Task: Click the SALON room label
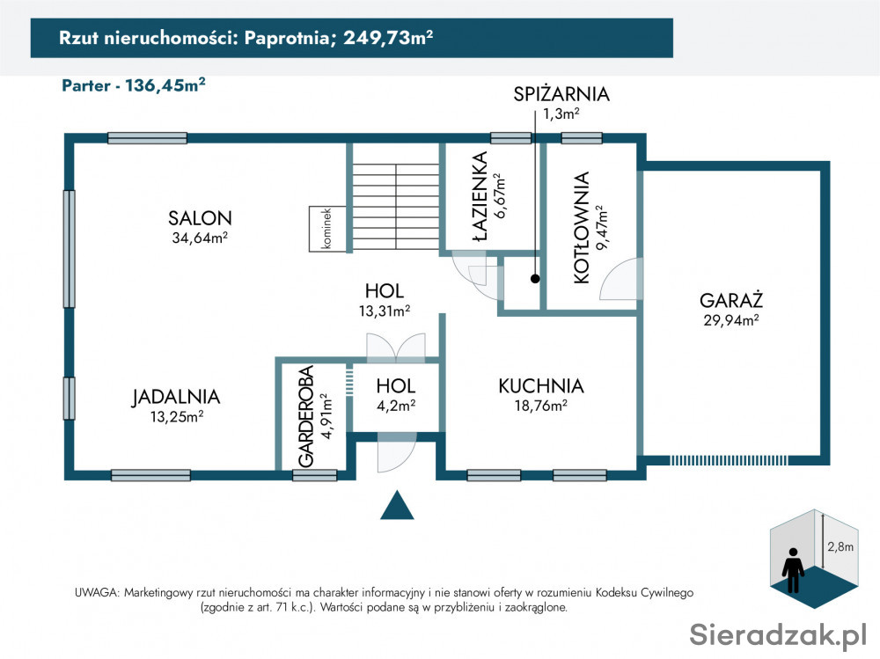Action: (200, 218)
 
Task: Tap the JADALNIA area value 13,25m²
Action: (177, 416)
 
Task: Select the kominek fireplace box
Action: (327, 229)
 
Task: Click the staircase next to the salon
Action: (396, 207)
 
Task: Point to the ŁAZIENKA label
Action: (480, 196)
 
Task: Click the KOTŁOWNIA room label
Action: (582, 227)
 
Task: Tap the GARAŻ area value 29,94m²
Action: (731, 320)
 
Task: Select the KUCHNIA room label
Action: (541, 385)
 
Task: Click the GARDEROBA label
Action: (306, 416)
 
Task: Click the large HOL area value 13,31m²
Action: (385, 311)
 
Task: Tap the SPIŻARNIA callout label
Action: (561, 94)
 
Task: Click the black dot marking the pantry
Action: (535, 278)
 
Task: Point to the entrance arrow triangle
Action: (397, 505)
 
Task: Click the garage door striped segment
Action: (729, 460)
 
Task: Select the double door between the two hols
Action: (396, 347)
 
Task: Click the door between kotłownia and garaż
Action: (621, 279)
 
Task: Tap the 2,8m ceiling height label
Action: (840, 546)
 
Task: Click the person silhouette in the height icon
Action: (793, 570)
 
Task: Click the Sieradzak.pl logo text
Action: (778, 634)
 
